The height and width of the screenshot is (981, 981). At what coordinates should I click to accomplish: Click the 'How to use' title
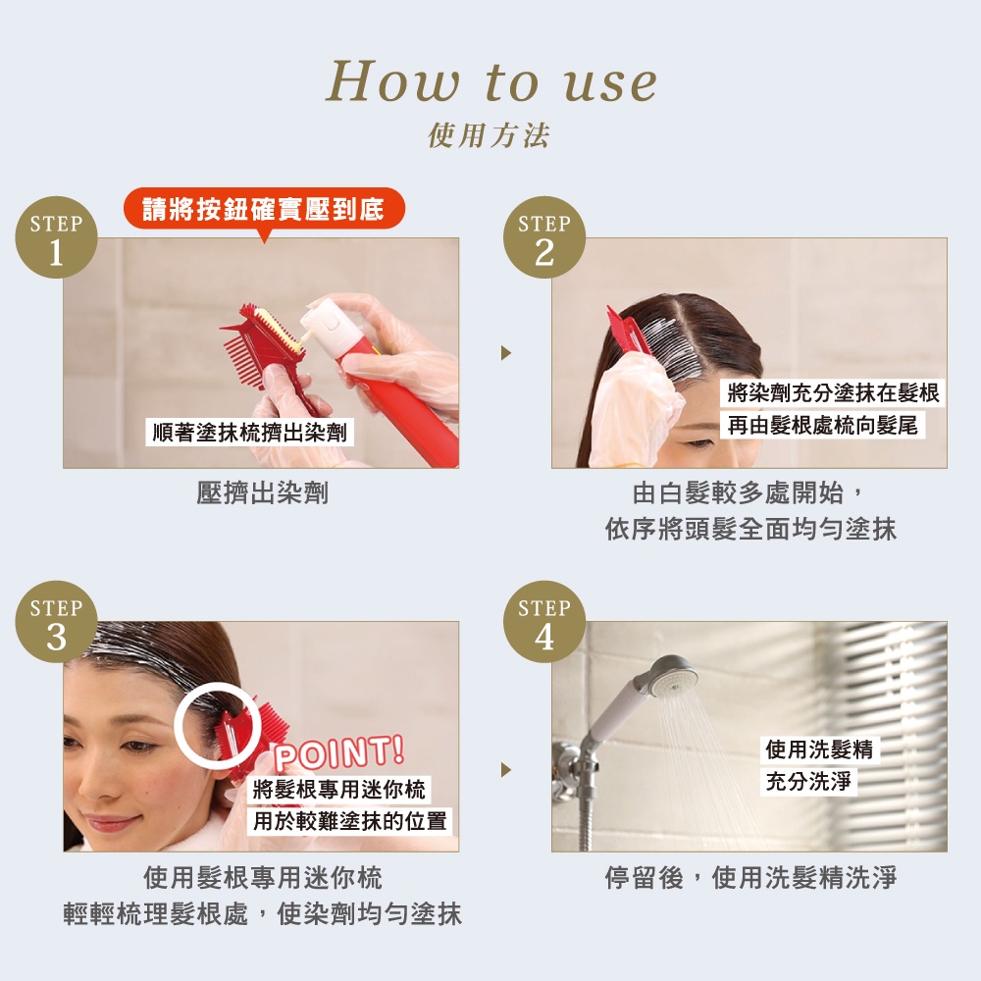click(x=491, y=81)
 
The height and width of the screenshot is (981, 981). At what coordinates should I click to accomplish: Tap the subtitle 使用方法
click(x=489, y=135)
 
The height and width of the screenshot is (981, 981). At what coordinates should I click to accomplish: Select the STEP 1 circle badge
click(x=56, y=237)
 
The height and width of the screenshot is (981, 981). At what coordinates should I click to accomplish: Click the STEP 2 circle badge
click(x=544, y=237)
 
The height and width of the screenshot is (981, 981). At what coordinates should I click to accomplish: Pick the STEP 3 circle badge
click(x=56, y=621)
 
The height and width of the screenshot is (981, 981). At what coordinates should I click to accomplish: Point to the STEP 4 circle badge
click(x=544, y=621)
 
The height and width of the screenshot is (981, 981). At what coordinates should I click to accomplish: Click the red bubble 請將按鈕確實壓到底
click(x=264, y=209)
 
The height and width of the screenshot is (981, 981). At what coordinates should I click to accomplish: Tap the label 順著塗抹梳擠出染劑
click(x=249, y=433)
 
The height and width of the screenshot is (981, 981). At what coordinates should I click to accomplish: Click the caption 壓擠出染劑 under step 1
click(x=262, y=493)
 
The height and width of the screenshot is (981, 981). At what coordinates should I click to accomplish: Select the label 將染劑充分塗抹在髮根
click(x=833, y=393)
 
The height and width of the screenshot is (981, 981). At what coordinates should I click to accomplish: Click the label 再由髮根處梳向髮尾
click(x=823, y=426)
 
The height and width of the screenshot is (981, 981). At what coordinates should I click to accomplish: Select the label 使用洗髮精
click(x=819, y=749)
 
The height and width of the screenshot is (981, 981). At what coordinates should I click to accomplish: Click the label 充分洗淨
click(x=808, y=782)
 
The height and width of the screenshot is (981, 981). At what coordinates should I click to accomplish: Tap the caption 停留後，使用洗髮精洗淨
click(x=750, y=878)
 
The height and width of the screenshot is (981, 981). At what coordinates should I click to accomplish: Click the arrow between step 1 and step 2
click(x=506, y=353)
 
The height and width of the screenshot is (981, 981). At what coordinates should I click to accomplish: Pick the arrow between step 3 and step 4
click(x=506, y=769)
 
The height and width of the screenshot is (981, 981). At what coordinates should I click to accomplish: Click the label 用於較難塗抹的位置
click(x=350, y=821)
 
